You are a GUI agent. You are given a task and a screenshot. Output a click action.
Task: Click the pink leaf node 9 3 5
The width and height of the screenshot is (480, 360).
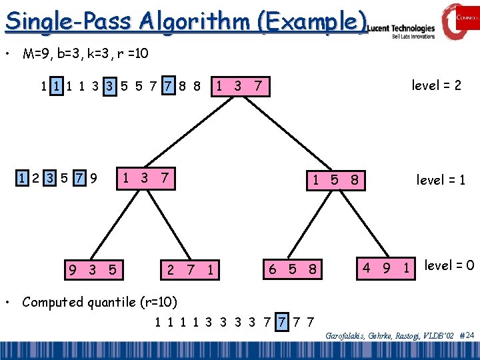(x=94, y=270)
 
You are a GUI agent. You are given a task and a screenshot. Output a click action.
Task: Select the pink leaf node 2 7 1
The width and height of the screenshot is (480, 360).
(x=192, y=270)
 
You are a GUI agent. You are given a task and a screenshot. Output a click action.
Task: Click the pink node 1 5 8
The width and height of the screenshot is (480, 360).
(x=336, y=179)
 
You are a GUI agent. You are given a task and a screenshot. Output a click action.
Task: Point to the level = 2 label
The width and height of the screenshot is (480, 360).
(x=436, y=85)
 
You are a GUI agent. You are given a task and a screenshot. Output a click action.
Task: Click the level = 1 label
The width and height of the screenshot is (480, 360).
(x=441, y=179)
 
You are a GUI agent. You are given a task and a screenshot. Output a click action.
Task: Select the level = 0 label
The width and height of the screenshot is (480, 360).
(x=449, y=265)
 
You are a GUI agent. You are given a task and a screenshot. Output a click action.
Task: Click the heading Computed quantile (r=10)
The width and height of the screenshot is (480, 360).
(x=99, y=302)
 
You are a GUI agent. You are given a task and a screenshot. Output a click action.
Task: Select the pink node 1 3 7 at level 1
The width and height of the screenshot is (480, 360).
(x=145, y=178)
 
